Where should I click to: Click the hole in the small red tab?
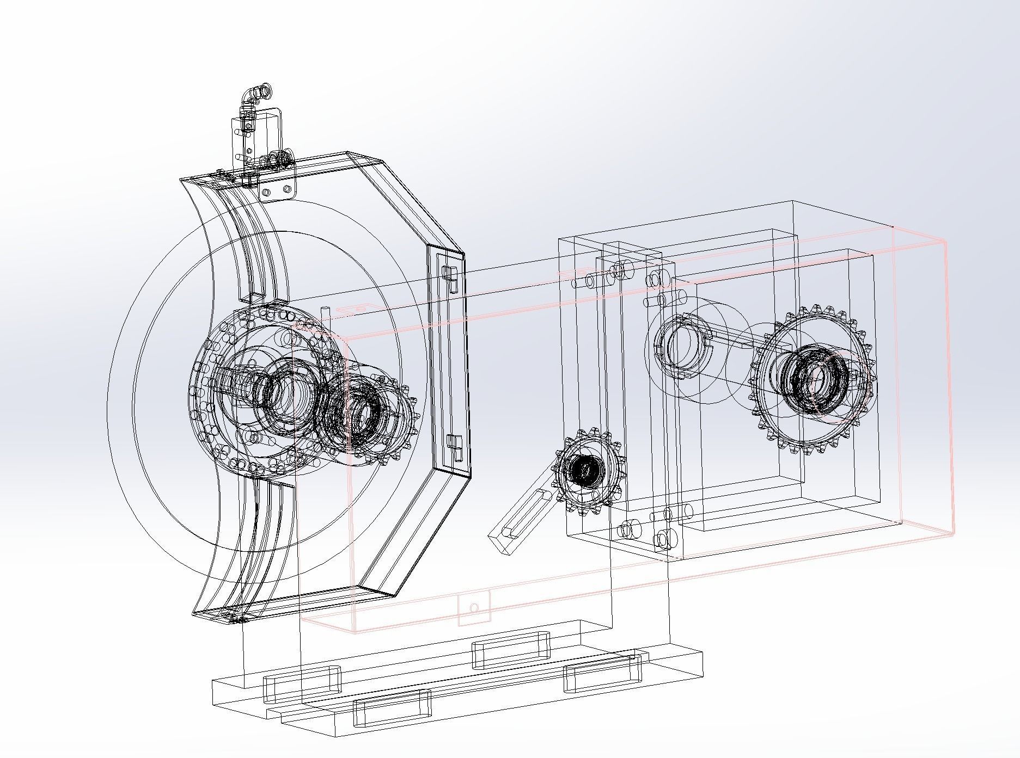pyautogui.click(x=474, y=608)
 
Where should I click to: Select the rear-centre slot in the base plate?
pyautogui.click(x=510, y=649)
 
